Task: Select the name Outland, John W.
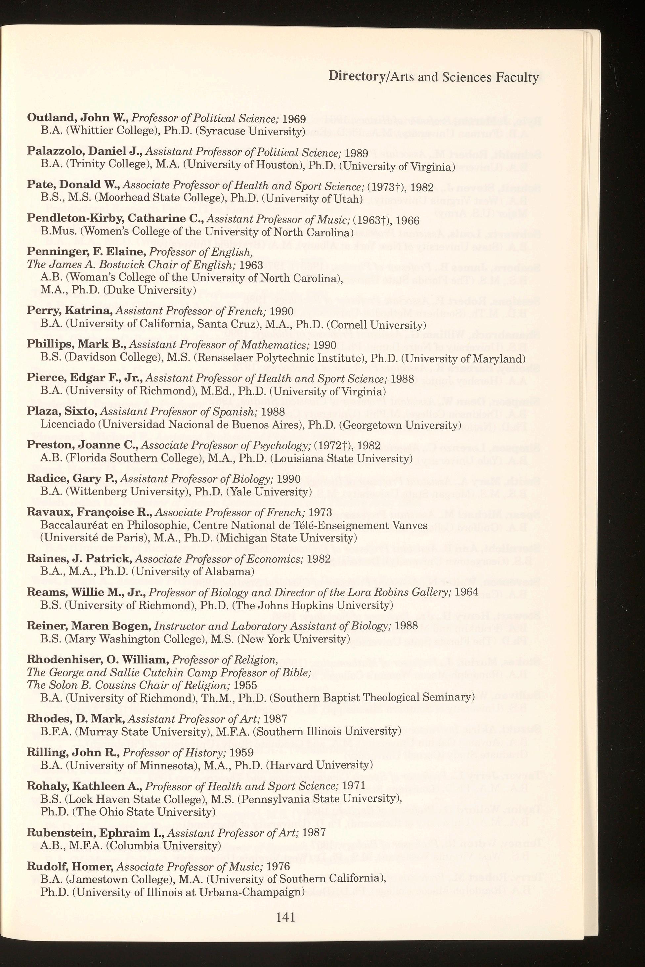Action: click(x=78, y=118)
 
